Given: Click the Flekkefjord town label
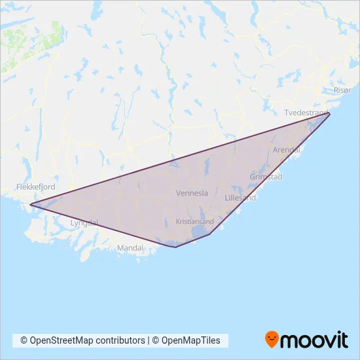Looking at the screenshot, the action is click(x=35, y=187).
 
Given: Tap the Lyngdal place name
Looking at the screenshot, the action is click(x=84, y=223).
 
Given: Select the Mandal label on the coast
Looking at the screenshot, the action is click(x=130, y=249).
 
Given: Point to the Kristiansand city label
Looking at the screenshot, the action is click(x=195, y=222).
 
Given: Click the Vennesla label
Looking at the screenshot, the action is click(x=192, y=193).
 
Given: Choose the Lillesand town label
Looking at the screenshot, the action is click(x=240, y=197).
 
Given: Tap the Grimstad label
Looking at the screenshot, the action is click(x=266, y=177).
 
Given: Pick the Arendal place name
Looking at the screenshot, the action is click(x=285, y=151).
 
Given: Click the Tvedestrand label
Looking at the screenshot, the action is click(x=306, y=113).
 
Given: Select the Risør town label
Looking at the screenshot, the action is click(x=342, y=90).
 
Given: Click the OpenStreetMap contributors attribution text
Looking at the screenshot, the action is click(x=82, y=340).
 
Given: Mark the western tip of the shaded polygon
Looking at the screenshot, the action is click(x=30, y=205).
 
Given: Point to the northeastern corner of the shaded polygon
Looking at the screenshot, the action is click(x=329, y=114).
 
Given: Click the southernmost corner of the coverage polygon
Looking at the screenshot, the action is click(x=175, y=247).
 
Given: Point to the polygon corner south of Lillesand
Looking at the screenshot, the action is click(x=210, y=235).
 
